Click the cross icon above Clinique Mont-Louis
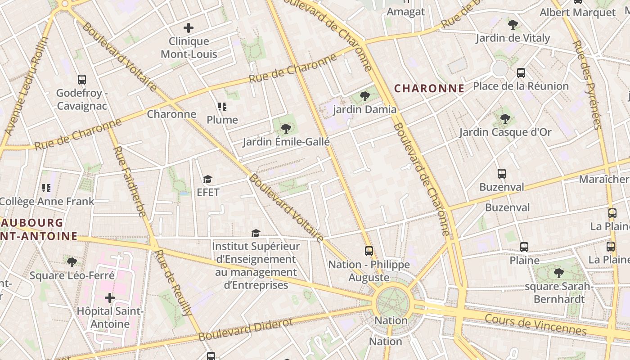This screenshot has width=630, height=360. tap(189, 28)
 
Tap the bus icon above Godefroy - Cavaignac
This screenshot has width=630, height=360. tap(82, 80)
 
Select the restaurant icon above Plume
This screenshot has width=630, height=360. tap(222, 107)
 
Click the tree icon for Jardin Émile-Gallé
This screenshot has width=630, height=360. tap(286, 129)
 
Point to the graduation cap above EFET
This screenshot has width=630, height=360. tap(207, 180)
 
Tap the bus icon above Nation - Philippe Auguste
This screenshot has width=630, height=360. tap(369, 251)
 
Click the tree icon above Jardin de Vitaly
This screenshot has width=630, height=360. tap(513, 25)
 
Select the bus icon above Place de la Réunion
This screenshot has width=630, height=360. tap(521, 72)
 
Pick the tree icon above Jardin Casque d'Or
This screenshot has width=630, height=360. tap(505, 119)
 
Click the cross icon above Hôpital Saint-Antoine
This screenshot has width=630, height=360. tap(110, 297)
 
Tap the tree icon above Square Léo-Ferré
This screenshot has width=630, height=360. tap(72, 262)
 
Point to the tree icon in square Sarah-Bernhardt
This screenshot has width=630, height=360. tap(558, 273)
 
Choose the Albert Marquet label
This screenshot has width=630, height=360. tap(577, 13)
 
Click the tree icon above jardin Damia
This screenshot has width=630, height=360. tap(365, 96)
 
